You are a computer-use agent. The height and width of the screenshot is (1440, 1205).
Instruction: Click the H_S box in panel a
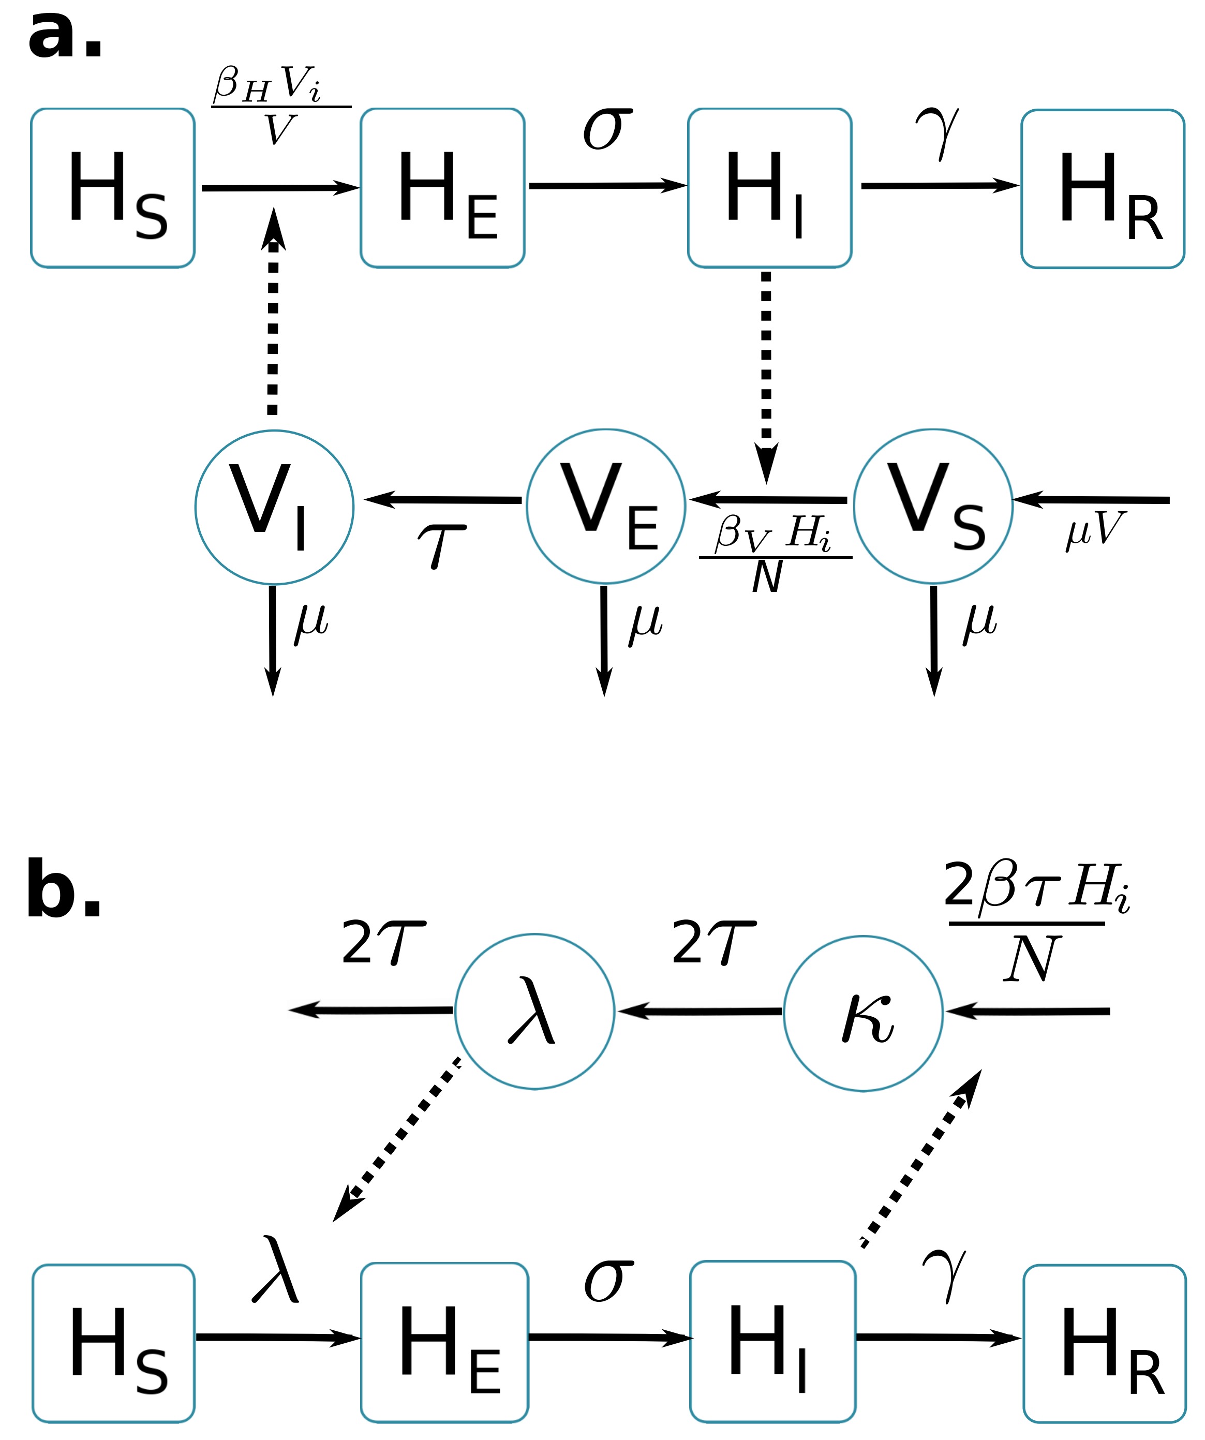tap(112, 188)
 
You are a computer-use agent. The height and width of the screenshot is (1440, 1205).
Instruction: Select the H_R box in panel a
tap(1103, 188)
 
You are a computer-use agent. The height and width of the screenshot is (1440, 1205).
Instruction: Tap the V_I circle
tap(274, 508)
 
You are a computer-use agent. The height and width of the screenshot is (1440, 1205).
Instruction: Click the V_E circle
tap(605, 507)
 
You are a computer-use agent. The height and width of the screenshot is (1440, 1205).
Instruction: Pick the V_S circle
tap(933, 507)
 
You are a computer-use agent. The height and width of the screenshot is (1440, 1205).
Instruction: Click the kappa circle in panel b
tap(863, 1013)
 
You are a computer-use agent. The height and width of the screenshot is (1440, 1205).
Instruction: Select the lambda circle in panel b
tap(534, 1012)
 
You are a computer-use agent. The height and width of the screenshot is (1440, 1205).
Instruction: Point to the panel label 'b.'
tap(64, 889)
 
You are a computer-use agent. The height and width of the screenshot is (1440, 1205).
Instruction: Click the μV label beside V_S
tap(1095, 530)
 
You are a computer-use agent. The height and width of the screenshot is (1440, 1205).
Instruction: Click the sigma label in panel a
tap(607, 128)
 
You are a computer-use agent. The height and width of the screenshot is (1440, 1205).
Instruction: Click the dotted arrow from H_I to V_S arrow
tap(766, 374)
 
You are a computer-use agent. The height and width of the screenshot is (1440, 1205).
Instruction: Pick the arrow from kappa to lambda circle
tap(700, 1012)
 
